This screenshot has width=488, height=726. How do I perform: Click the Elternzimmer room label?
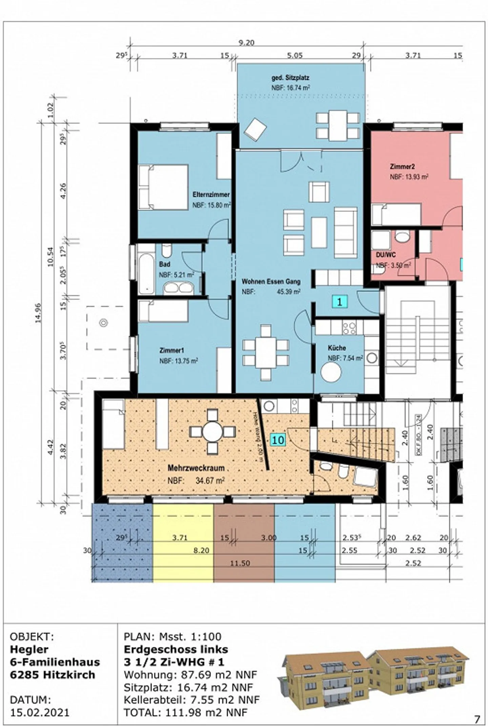point(211,195)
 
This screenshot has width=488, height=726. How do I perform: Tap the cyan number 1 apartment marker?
point(340,301)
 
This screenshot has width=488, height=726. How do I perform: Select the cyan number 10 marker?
point(278,440)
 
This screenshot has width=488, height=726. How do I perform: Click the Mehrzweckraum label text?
point(196,468)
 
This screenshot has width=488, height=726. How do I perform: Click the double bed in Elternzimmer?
point(163,187)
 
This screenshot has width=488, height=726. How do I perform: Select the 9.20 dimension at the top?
point(246,43)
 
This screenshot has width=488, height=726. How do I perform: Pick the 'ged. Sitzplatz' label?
point(290,78)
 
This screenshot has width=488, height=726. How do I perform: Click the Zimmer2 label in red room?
point(402,166)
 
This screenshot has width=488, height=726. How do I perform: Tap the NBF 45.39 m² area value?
point(288,292)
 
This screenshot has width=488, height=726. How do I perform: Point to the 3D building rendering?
point(373,679)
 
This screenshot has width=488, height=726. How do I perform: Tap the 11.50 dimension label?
point(240,563)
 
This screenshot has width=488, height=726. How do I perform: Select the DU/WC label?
point(386,255)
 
